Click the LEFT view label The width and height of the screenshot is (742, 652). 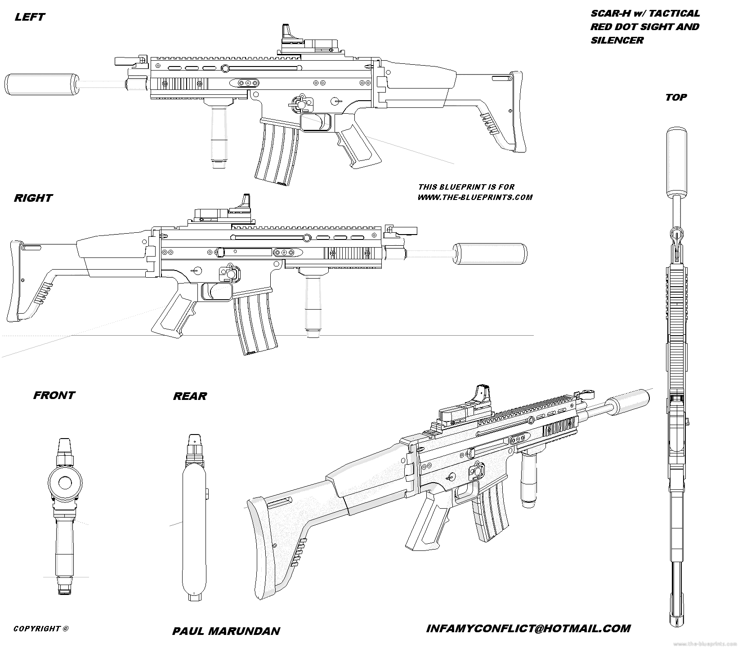click(30, 17)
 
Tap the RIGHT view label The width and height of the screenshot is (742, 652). click(33, 198)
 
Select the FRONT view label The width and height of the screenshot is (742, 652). click(54, 395)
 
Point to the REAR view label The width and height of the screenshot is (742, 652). click(190, 396)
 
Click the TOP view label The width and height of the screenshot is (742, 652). click(676, 97)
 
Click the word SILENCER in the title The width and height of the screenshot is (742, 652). click(617, 40)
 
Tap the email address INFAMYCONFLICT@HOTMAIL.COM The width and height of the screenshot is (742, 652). click(528, 628)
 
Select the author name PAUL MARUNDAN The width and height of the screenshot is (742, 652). click(226, 631)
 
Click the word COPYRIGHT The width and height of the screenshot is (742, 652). click(37, 629)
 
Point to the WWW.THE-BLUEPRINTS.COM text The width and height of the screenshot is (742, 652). click(474, 197)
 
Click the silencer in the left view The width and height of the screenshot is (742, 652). click(41, 84)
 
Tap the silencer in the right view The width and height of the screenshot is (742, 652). click(489, 253)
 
